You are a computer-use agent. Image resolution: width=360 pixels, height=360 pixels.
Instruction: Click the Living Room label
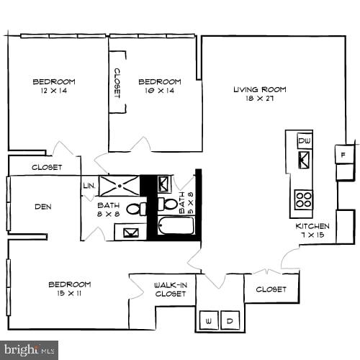tap(259, 89)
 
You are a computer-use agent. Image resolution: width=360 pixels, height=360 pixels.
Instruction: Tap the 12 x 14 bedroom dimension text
tap(53, 91)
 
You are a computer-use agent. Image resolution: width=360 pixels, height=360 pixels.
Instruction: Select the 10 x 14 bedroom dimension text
tap(159, 91)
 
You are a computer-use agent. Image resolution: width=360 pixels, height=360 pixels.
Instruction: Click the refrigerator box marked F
tap(344, 153)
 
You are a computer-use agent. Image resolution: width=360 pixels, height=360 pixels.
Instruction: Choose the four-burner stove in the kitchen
tap(303, 199)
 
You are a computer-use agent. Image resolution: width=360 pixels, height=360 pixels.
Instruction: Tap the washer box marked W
tap(209, 320)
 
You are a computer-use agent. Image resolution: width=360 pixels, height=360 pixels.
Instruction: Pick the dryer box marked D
tap(230, 320)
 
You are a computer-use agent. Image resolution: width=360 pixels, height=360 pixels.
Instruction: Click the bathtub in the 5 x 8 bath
tap(177, 226)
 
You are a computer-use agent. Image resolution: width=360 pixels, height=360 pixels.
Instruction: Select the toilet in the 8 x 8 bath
tap(135, 209)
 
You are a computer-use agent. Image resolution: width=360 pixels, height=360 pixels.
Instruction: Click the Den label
tap(42, 207)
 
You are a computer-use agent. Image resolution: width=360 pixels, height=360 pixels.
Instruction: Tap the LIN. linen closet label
tap(89, 185)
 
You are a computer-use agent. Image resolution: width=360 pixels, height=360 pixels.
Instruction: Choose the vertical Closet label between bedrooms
tap(117, 82)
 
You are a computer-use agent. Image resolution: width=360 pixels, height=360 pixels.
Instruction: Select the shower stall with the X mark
tap(118, 186)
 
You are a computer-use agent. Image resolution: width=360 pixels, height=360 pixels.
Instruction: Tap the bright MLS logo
tap(29, 351)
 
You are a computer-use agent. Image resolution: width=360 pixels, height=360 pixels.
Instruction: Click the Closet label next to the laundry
tap(271, 289)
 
